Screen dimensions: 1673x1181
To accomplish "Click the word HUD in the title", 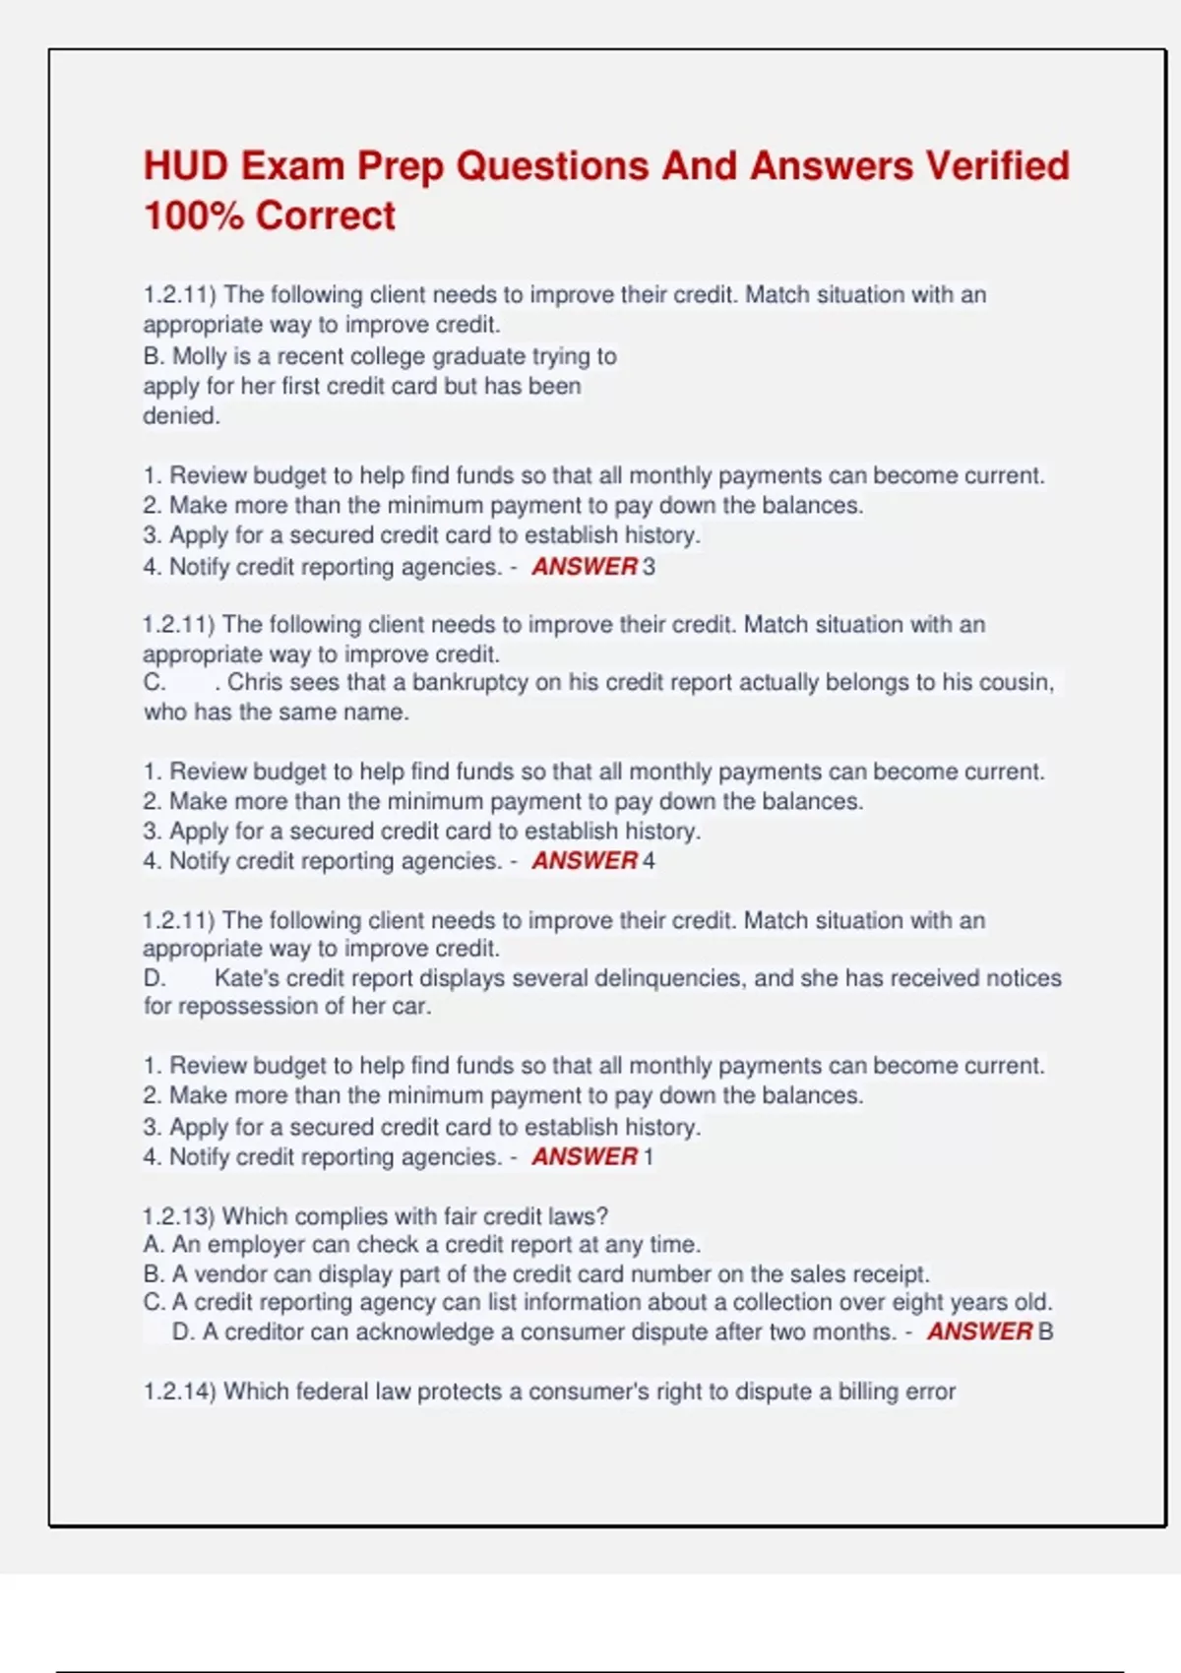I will click(184, 166).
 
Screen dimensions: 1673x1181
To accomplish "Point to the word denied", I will click(181, 415).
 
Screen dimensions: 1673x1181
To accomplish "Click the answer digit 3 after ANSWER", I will click(649, 567).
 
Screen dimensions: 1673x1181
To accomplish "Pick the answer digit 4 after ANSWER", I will click(649, 861).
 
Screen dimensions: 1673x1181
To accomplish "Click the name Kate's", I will click(247, 978).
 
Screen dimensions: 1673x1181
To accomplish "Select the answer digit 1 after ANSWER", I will click(648, 1156).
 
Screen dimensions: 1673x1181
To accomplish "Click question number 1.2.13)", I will click(179, 1216).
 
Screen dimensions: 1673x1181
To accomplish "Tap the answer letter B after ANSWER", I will click(1045, 1332).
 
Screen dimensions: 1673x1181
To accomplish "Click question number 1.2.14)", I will click(179, 1392).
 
